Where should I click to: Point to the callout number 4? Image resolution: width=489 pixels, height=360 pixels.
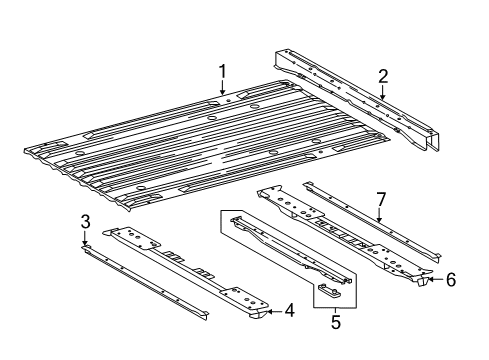(289, 339)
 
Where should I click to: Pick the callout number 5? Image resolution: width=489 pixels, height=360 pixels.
(335, 323)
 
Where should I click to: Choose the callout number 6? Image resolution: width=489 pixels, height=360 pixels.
(450, 281)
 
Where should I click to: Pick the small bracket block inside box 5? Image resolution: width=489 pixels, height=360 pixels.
(333, 290)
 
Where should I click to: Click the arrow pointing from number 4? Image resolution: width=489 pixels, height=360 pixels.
(270, 339)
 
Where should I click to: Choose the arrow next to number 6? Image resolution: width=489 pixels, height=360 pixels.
(432, 281)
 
